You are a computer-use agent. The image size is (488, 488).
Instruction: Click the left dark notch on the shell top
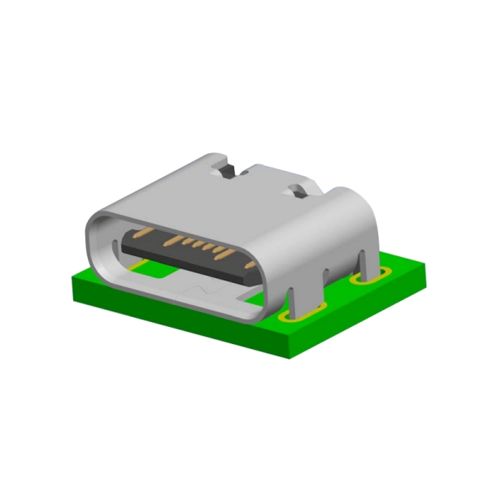click(230, 171)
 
